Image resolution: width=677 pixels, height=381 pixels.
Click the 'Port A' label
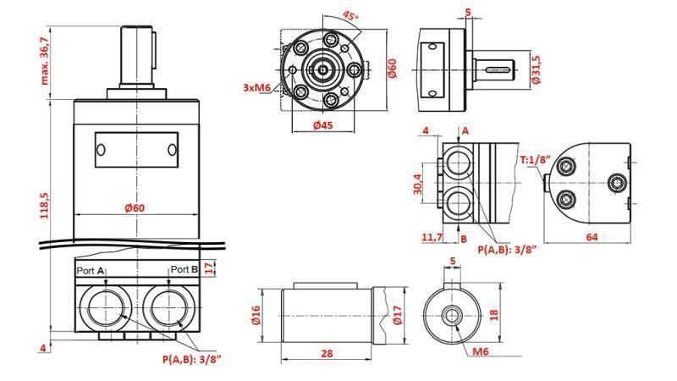click(x=91, y=270)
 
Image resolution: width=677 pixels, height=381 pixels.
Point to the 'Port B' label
click(x=184, y=270)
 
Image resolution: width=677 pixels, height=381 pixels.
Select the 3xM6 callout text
click(x=257, y=87)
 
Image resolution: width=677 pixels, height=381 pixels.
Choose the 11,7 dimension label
click(x=432, y=238)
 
